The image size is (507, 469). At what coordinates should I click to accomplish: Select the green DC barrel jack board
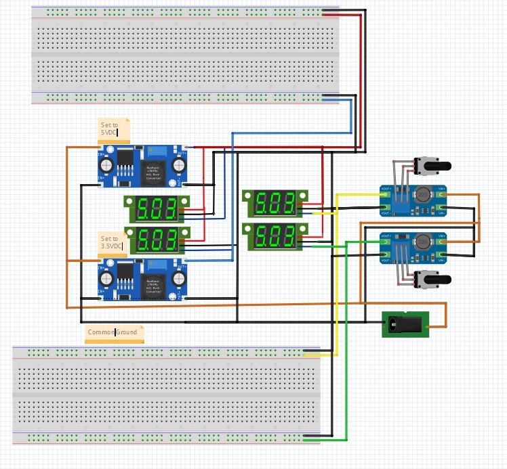406,324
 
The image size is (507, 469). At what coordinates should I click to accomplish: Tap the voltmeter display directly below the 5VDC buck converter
157,209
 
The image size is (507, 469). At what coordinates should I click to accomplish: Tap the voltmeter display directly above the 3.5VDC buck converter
157,240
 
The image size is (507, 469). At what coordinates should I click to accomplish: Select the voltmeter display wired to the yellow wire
275,202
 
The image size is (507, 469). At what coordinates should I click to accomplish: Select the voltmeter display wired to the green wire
275,236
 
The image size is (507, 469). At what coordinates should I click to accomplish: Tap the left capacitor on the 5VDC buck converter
106,164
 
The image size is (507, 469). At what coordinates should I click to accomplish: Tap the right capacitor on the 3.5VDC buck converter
179,279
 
